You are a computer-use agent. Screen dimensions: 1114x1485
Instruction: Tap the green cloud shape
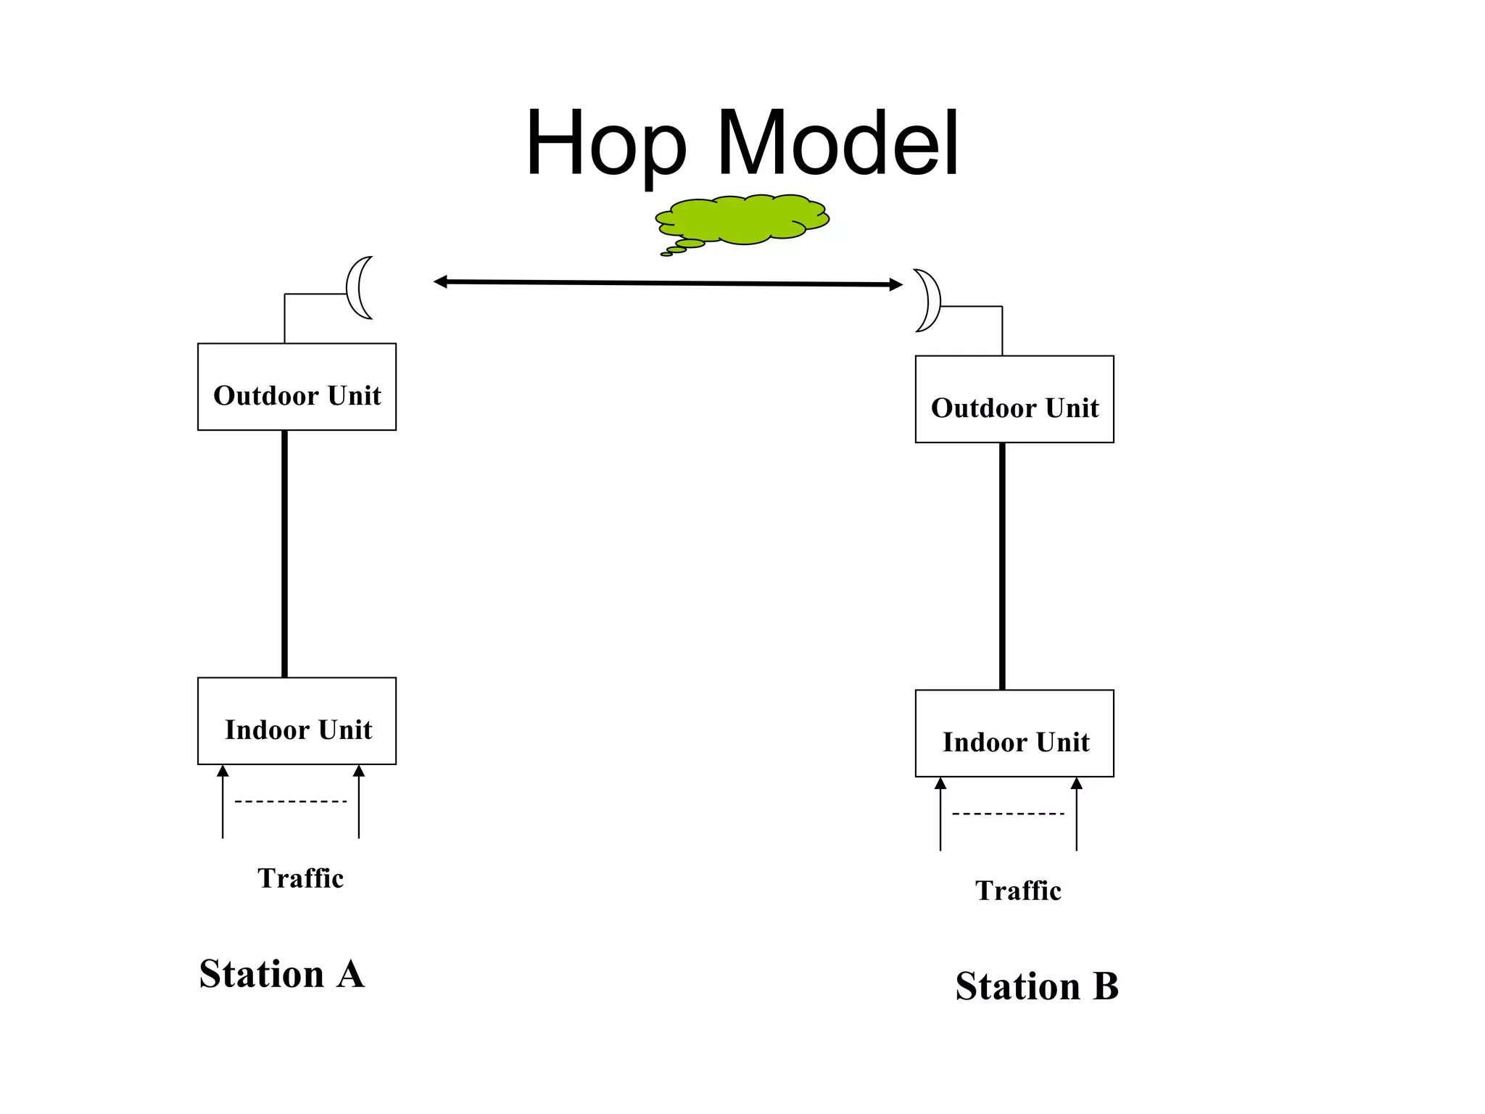tap(744, 219)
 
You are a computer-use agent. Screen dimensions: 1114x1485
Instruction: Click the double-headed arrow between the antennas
tap(668, 283)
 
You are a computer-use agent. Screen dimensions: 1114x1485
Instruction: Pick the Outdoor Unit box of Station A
tap(297, 387)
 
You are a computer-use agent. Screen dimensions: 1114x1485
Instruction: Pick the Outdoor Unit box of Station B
tap(1014, 399)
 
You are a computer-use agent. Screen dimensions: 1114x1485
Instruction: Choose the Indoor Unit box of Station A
tap(297, 721)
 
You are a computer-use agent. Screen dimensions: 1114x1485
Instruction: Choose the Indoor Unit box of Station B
tap(1014, 733)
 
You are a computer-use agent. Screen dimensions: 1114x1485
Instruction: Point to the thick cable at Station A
tap(284, 554)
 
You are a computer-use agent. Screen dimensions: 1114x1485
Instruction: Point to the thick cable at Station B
tap(1002, 566)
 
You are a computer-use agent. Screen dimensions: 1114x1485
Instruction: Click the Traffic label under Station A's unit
tap(300, 878)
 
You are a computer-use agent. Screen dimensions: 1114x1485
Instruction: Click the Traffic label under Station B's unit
tap(1018, 891)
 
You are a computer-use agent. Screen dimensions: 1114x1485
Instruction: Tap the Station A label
tap(281, 974)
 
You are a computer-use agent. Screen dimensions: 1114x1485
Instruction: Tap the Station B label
tap(1037, 986)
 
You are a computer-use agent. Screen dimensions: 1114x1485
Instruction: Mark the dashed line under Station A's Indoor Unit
tap(291, 801)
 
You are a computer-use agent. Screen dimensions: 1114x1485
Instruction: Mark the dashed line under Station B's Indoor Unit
tap(1009, 814)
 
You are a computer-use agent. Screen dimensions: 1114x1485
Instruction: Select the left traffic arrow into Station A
tap(223, 801)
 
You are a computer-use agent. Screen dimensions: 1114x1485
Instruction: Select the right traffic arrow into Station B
tap(1077, 814)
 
